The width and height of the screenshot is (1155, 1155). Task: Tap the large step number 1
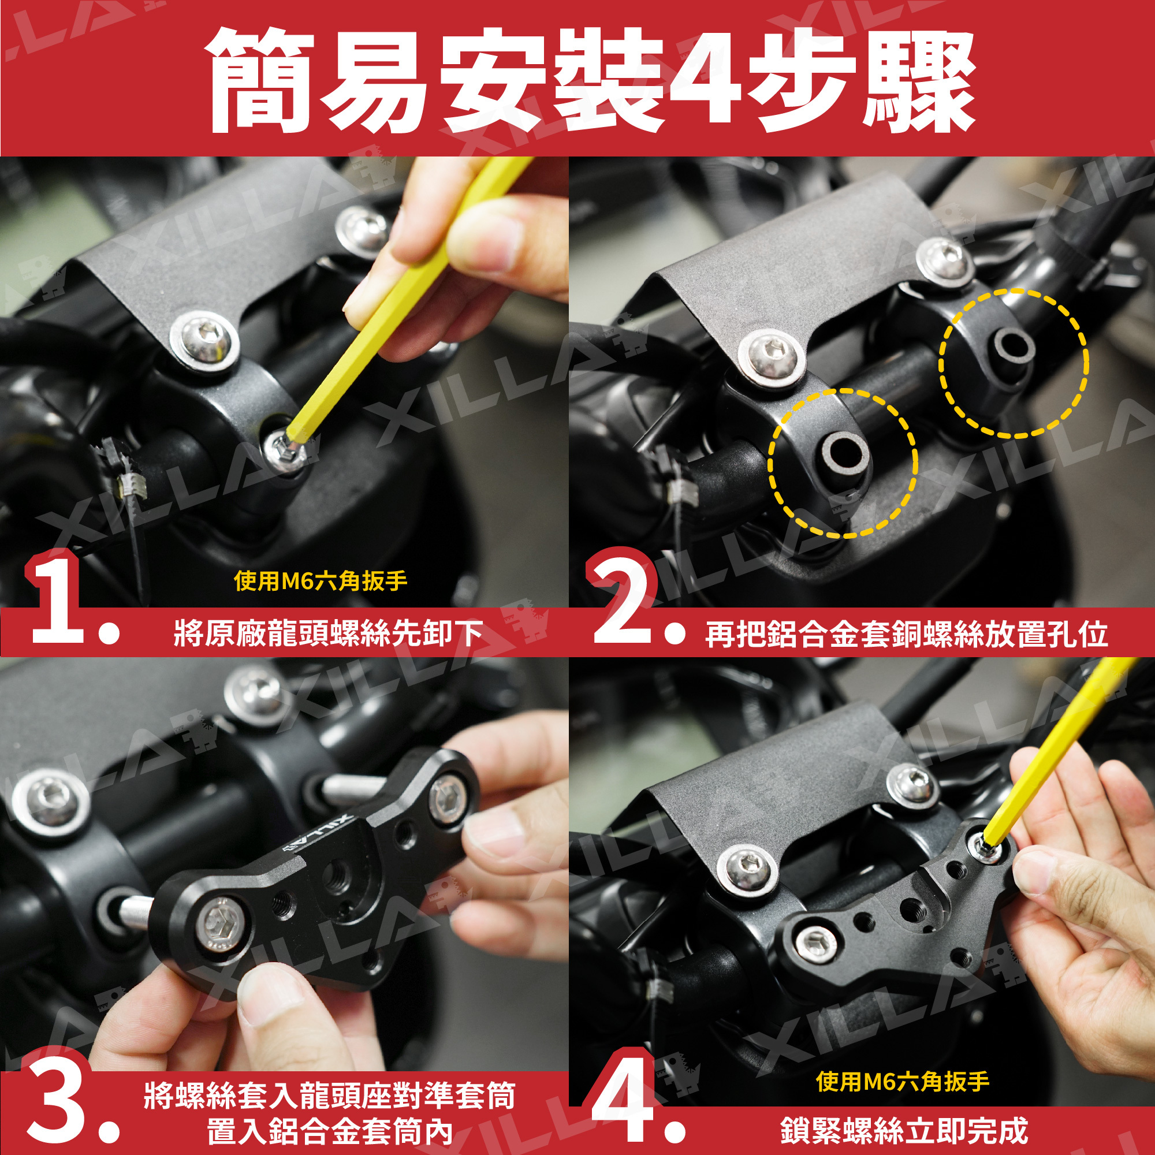coord(57,598)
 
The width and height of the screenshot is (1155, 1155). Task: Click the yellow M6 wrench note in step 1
coord(321,580)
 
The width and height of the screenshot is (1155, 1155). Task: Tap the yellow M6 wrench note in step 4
coord(903,1081)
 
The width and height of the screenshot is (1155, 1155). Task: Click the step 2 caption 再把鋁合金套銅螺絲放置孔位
coord(906,634)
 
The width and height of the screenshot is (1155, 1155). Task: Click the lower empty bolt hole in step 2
coord(843,451)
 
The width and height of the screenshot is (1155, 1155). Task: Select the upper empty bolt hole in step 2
coord(1014,346)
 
